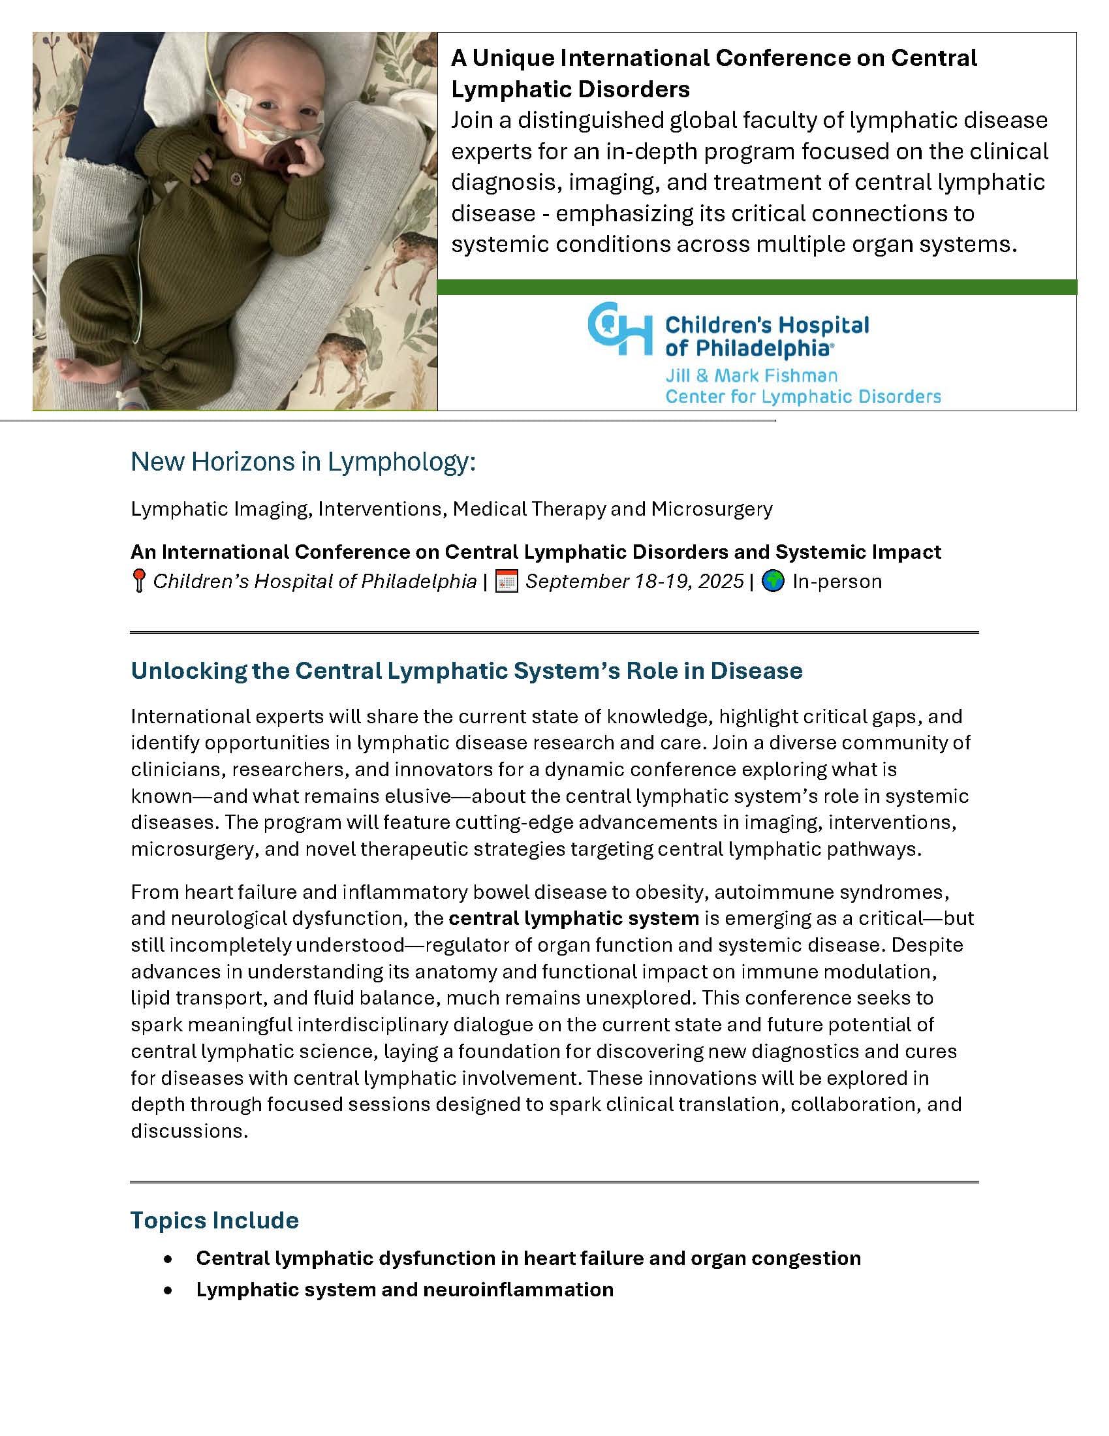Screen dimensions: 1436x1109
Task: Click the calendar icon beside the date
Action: [x=506, y=581]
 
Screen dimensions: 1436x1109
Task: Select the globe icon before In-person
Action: [x=773, y=581]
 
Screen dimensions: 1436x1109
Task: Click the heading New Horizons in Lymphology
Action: [x=302, y=462]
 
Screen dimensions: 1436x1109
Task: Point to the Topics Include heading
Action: [x=214, y=1220]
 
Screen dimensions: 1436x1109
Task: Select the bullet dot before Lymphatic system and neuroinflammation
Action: [x=169, y=1289]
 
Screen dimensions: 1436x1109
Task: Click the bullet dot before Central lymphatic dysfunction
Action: [x=169, y=1258]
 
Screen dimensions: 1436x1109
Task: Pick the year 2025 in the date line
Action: [x=721, y=581]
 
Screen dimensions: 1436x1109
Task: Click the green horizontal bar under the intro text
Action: [x=756, y=287]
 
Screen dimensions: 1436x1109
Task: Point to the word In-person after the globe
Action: [x=837, y=581]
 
